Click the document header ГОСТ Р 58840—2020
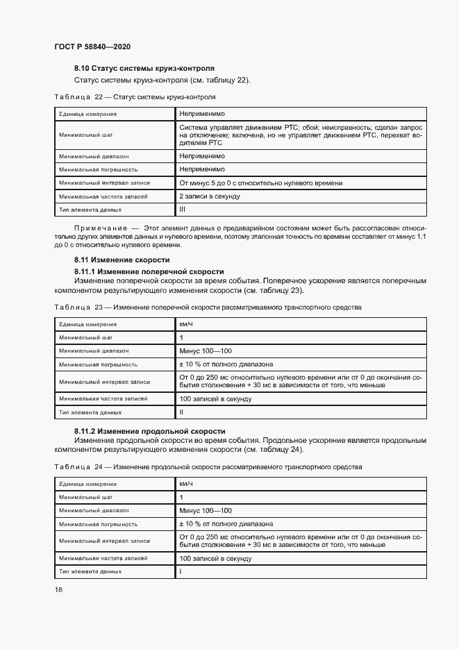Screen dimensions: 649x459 tap(92, 47)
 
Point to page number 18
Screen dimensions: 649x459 tap(58, 589)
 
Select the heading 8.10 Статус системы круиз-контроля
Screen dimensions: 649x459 tap(144, 68)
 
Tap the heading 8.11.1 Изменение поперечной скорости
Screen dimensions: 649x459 tap(149, 271)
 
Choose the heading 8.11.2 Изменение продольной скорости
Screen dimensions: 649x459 tap(149, 431)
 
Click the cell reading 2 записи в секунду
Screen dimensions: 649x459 tap(210, 196)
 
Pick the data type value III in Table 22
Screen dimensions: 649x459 tap(183, 209)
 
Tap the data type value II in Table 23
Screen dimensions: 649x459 tap(181, 412)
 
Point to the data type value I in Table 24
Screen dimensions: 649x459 tap(181, 571)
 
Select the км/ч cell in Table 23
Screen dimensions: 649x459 tap(186, 324)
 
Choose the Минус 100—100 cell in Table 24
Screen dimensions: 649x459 tap(206, 510)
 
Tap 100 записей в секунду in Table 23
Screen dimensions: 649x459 tap(215, 399)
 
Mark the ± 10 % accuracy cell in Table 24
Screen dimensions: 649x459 tap(226, 524)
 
